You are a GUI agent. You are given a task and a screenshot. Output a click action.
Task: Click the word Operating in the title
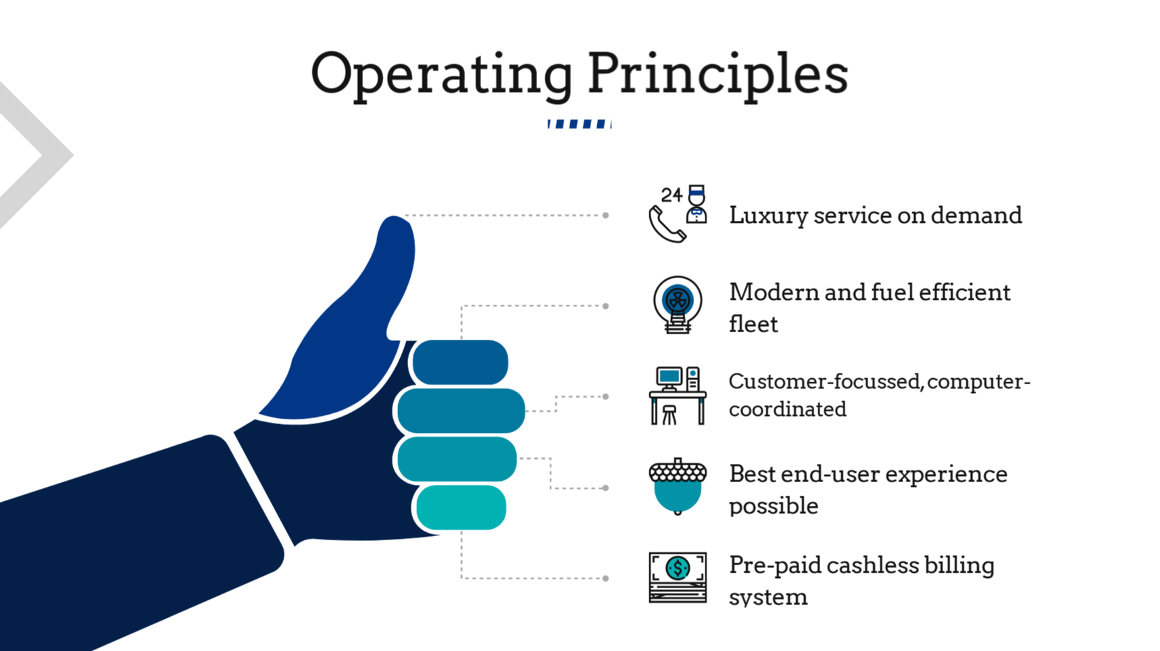pyautogui.click(x=441, y=76)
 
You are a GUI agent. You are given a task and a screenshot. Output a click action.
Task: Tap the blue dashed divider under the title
pyautogui.click(x=580, y=124)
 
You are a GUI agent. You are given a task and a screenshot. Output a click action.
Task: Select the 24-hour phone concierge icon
pyautogui.click(x=678, y=213)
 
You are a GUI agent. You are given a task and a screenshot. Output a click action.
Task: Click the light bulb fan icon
pyautogui.click(x=678, y=305)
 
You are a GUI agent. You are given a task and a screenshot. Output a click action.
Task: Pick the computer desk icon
pyautogui.click(x=678, y=396)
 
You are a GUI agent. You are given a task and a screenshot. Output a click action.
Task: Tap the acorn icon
pyautogui.click(x=678, y=487)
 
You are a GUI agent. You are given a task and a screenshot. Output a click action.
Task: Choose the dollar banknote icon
pyautogui.click(x=678, y=577)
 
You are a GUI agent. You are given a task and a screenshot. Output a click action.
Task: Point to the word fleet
pyautogui.click(x=753, y=324)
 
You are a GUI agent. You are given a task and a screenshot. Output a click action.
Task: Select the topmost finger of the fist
pyautogui.click(x=460, y=363)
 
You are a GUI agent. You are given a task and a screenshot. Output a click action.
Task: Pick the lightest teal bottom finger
pyautogui.click(x=461, y=507)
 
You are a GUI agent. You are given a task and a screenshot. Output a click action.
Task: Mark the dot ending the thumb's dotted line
pyautogui.click(x=606, y=215)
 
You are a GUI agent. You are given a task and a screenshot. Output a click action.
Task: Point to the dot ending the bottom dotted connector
pyautogui.click(x=606, y=578)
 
